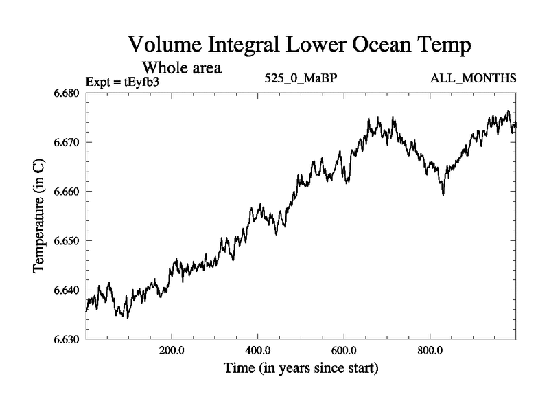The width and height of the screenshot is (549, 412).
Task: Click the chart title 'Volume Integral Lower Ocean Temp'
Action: coord(301,46)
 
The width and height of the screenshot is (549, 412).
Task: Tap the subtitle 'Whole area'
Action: coord(181,68)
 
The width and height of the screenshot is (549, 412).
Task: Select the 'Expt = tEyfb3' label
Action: coord(122,82)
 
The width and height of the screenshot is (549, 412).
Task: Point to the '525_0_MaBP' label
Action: coord(301,80)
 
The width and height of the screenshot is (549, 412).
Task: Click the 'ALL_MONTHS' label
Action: coord(474,80)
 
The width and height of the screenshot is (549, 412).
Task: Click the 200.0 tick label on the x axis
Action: coord(172,350)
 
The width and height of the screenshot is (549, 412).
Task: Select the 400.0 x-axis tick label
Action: coord(258,350)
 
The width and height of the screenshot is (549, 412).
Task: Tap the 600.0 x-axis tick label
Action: coord(344,350)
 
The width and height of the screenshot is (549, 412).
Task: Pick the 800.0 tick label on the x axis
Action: coord(430,350)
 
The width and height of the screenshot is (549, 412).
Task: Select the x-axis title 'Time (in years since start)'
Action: coord(301,369)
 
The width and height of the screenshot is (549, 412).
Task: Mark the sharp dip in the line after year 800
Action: coord(443,194)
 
